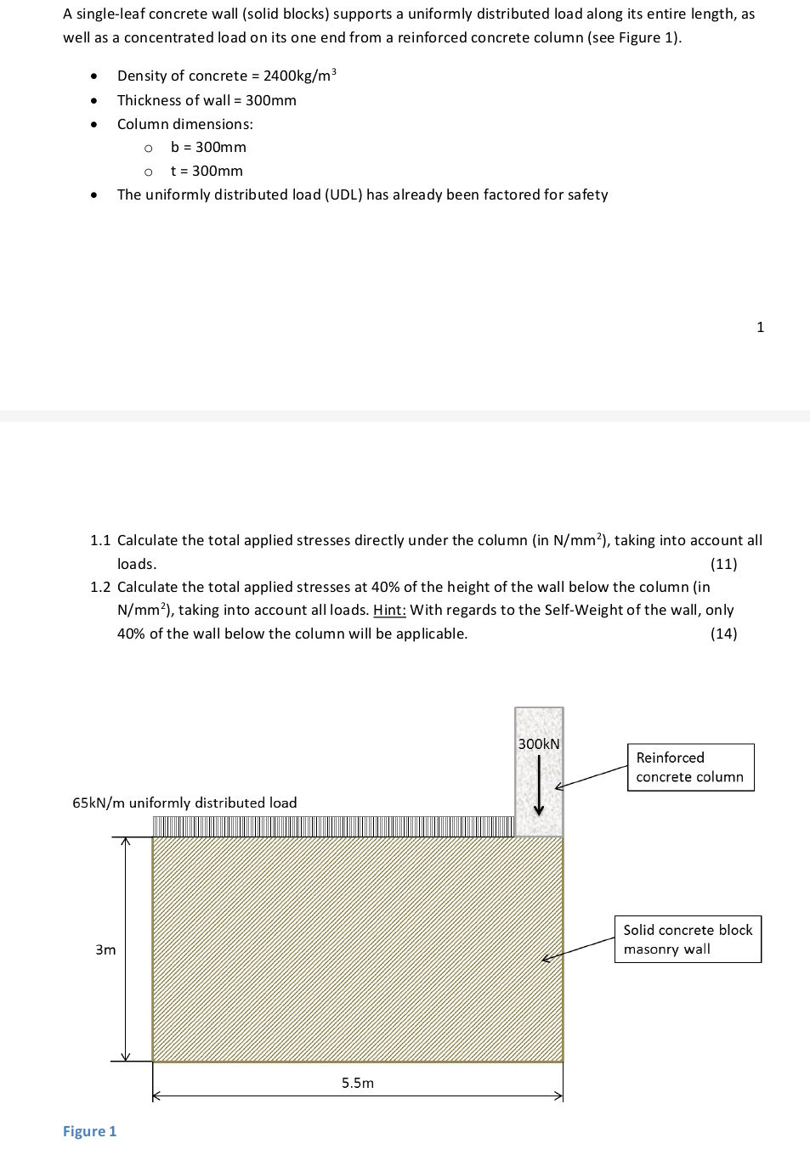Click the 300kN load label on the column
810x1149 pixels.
539,744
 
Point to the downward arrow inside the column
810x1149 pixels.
538,786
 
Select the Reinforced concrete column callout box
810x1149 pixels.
690,768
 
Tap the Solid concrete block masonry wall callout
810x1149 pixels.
688,939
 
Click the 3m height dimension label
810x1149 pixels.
105,949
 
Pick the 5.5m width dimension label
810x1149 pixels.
358,1083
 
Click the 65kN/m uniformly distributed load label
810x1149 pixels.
184,803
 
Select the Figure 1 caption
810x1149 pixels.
89,1131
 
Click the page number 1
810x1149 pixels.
760,327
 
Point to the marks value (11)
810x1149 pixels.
723,564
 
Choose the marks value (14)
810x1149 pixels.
723,634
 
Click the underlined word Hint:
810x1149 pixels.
389,610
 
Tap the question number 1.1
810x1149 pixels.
100,540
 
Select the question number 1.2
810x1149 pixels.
100,587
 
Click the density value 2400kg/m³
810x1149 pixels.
299,76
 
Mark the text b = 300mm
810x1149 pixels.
208,147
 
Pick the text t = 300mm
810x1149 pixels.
207,171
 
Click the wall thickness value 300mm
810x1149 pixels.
271,100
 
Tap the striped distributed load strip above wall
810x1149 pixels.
333,826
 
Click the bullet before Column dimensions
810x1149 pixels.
93,124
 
